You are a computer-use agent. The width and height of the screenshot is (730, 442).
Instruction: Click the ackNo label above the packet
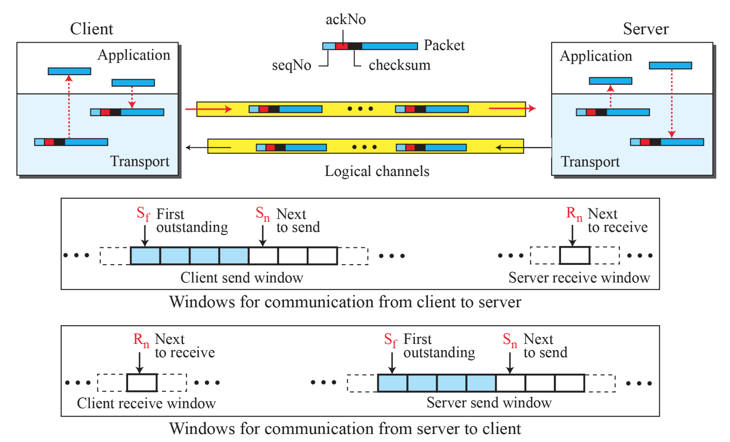click(x=345, y=19)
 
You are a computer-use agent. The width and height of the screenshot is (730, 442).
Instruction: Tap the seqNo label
click(x=291, y=65)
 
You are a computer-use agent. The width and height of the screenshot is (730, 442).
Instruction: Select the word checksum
click(x=399, y=65)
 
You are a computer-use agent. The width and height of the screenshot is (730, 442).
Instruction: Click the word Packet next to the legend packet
click(x=444, y=45)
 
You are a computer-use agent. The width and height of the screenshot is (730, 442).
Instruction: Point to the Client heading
click(x=92, y=29)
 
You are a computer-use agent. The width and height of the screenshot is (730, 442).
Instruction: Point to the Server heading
click(x=645, y=29)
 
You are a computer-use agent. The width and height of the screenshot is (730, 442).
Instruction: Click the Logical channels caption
click(x=376, y=171)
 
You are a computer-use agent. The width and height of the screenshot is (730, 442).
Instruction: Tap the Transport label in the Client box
click(x=140, y=161)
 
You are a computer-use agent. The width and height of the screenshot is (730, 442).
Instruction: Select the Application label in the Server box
click(x=596, y=56)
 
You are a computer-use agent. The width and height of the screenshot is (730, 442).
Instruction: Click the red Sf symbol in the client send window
click(x=143, y=214)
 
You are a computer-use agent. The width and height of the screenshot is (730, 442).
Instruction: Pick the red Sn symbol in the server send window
click(x=510, y=339)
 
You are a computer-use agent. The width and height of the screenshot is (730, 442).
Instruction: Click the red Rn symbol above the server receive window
click(x=574, y=214)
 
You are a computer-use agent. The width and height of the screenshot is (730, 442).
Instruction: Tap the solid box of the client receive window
click(x=142, y=382)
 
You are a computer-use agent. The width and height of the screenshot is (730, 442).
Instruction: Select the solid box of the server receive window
click(x=574, y=255)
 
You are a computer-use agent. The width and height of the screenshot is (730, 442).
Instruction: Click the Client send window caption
click(x=241, y=277)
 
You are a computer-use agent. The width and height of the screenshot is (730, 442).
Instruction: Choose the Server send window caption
click(x=489, y=403)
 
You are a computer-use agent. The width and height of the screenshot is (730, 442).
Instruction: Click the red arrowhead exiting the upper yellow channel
click(x=532, y=109)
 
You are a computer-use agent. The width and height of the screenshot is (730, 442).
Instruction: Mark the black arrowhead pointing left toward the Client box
click(x=188, y=147)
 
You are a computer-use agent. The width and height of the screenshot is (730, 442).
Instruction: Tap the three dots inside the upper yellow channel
click(x=360, y=109)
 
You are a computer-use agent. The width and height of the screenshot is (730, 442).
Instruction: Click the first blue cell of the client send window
click(x=145, y=256)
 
